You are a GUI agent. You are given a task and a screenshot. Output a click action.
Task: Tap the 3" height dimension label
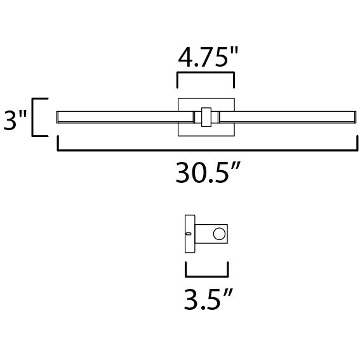[x=14, y=119]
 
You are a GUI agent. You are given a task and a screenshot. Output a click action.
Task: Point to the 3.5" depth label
[x=206, y=298]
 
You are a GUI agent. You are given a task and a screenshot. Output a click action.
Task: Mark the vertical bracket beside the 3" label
[x=37, y=117]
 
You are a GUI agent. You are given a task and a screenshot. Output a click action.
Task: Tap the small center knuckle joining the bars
[x=206, y=117]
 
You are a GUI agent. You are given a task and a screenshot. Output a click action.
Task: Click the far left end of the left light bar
[x=59, y=117]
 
